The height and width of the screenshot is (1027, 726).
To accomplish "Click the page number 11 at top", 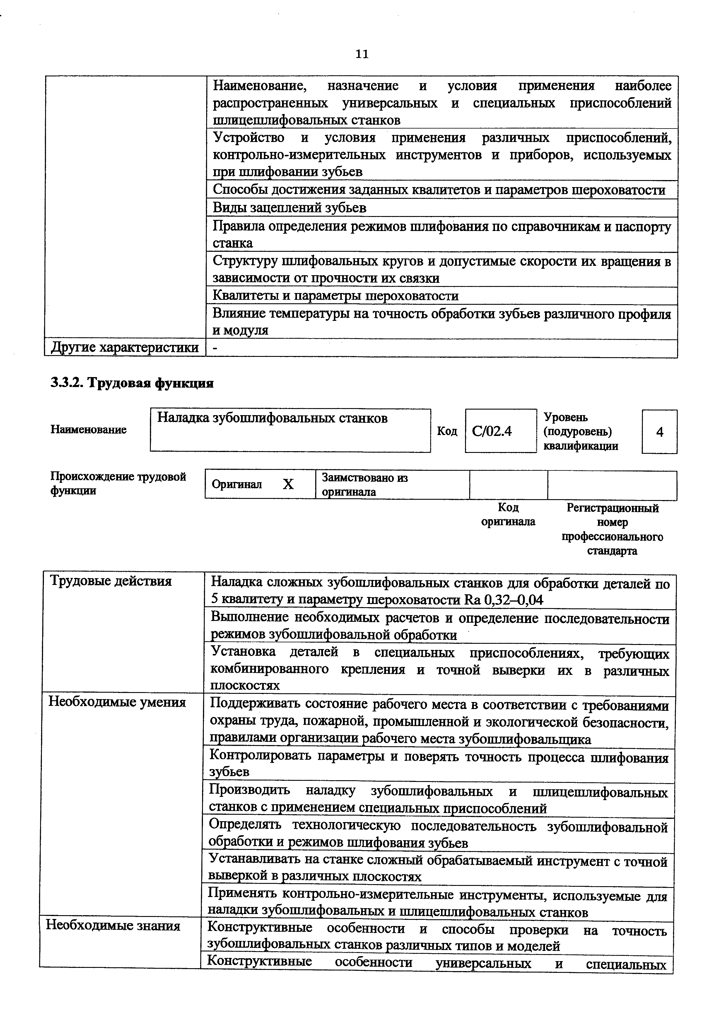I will coord(361,54).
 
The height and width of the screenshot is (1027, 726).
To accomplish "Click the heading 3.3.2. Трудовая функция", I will coord(132,383).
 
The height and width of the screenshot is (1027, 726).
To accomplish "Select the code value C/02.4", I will coord(492,431).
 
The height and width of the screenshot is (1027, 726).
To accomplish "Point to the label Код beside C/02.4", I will coord(447,431).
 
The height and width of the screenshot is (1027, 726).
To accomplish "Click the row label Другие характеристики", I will coord(125,348).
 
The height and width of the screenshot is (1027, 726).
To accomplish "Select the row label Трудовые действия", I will coord(111,581).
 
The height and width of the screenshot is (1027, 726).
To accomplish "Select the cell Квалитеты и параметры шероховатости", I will coord(336,296).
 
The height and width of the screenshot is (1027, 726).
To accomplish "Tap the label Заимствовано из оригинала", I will coord(365,485).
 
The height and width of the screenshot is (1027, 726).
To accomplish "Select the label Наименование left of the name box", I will coord(88,429).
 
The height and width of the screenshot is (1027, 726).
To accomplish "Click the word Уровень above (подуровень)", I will coord(566,417).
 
